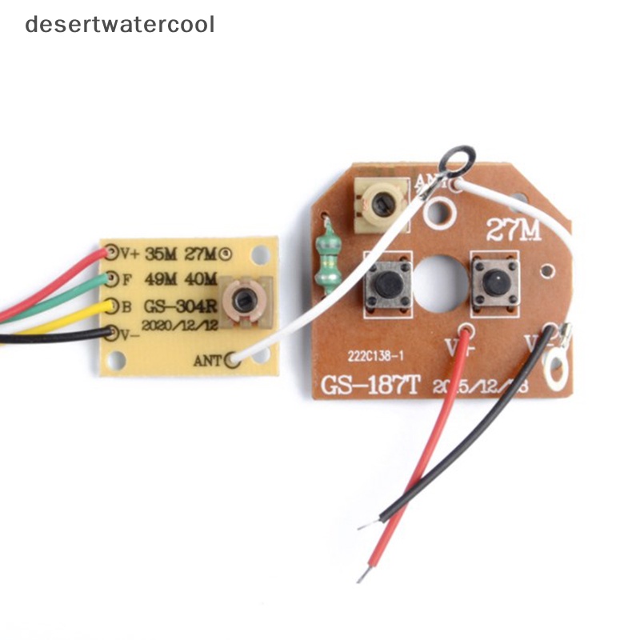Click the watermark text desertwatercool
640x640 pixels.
pos(120,24)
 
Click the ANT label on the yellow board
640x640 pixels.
pos(206,360)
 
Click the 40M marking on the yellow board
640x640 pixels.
pos(201,278)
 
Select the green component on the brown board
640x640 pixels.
pos(326,254)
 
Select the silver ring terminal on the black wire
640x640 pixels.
pos(554,366)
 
